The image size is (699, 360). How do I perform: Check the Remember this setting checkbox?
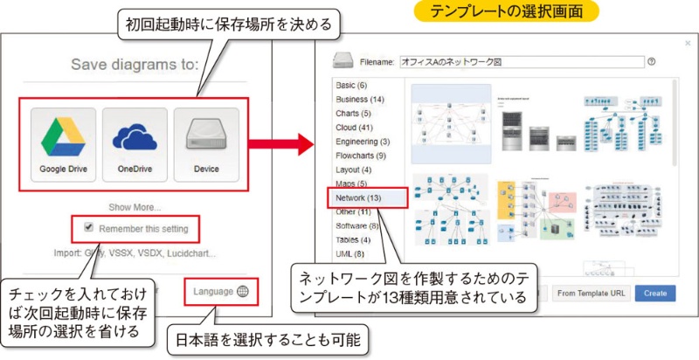coord(88,228)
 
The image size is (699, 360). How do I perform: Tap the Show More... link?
coord(135,207)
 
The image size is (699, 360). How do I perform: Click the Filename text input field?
coord(521,62)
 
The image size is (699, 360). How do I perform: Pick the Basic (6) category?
coord(351,85)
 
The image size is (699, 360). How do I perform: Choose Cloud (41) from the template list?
coord(353,127)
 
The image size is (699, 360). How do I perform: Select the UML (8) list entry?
coord(350,253)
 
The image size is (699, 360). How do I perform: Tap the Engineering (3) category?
coord(363,141)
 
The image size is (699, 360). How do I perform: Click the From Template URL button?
coord(592,293)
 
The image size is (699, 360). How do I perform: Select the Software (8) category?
coord(357,225)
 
